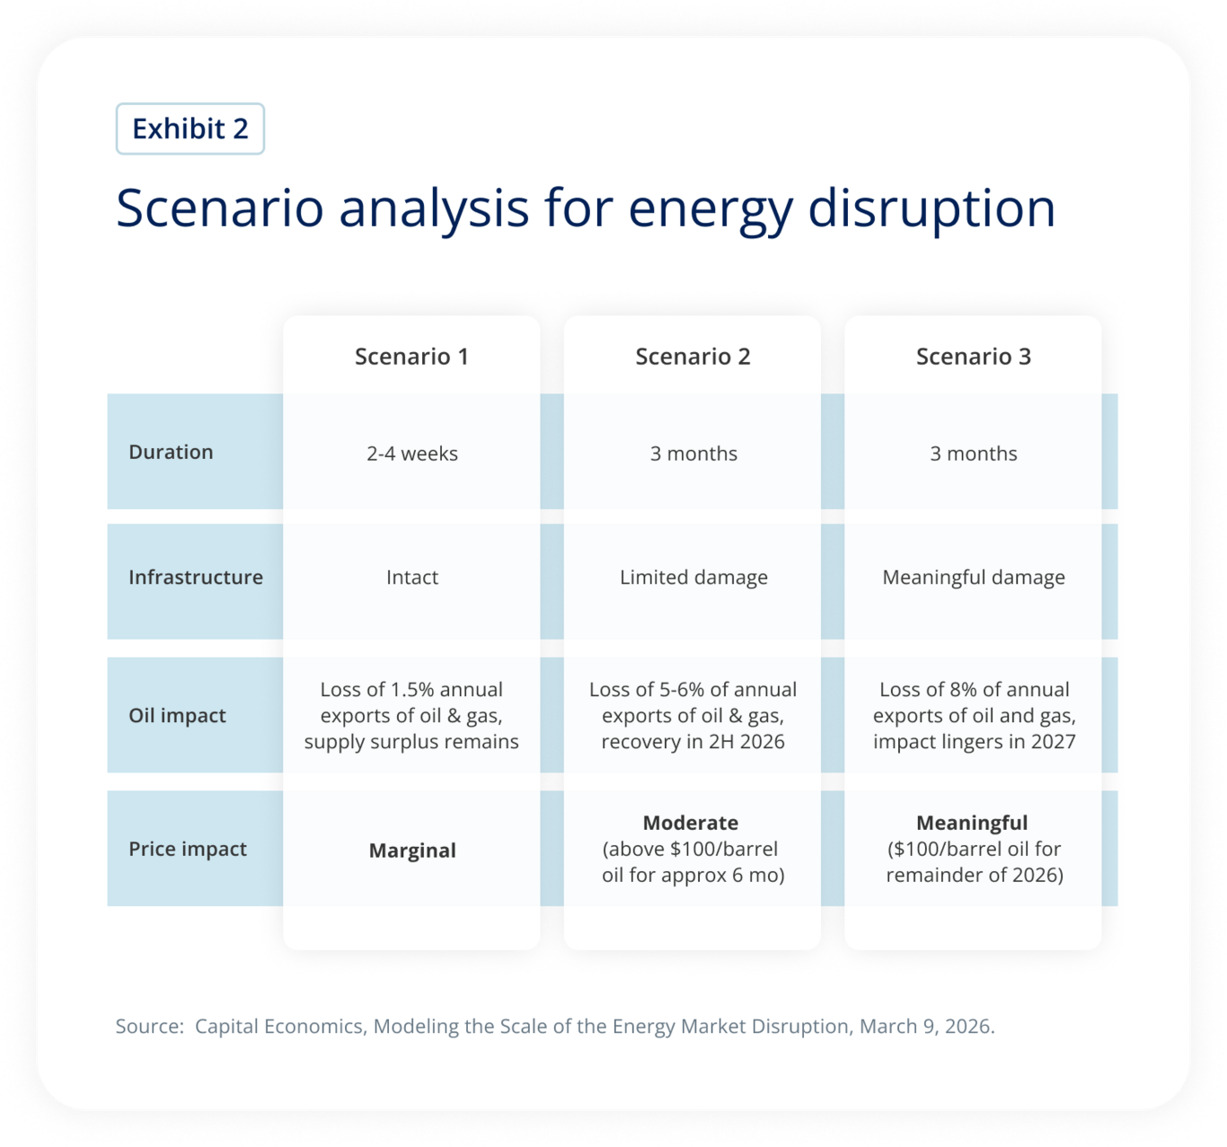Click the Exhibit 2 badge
tap(190, 128)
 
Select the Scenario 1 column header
tap(411, 357)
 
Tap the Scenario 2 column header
tap(693, 357)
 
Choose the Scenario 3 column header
tap(973, 357)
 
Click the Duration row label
tap(171, 452)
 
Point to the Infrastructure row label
tap(195, 577)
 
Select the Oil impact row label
tap(177, 716)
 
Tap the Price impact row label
tap(187, 849)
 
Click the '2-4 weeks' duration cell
tap(411, 454)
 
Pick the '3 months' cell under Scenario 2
tap(693, 454)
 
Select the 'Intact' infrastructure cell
tap(411, 578)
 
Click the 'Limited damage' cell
tap(693, 578)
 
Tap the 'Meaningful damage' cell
tap(973, 578)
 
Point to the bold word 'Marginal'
tap(411, 851)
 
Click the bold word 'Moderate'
tap(690, 823)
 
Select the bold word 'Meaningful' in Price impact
tap(971, 823)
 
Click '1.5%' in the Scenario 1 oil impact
tap(411, 690)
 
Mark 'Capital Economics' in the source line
tap(278, 1026)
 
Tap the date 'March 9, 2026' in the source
tap(924, 1026)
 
